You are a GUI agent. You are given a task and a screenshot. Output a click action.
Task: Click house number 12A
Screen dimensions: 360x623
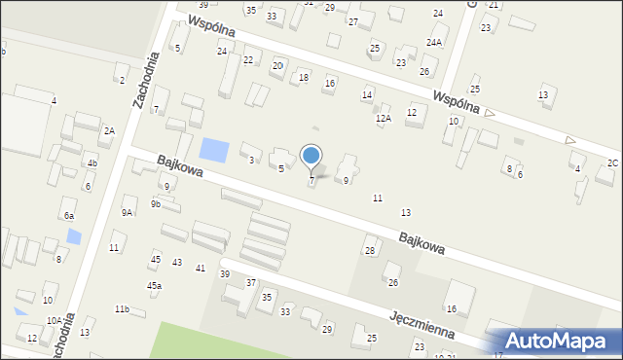pos(384,118)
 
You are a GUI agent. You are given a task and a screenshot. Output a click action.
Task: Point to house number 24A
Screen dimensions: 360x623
pos(434,42)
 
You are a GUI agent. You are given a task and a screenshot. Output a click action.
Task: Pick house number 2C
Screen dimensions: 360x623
pos(612,162)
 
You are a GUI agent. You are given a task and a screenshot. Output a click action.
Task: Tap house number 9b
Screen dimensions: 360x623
pos(156,204)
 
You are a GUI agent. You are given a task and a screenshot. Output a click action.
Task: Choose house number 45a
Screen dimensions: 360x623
pos(154,285)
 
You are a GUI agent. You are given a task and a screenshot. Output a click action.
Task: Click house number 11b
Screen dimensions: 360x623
pos(122,308)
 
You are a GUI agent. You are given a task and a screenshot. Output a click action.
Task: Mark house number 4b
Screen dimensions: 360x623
pos(92,162)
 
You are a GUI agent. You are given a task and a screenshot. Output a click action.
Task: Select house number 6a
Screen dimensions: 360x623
pos(68,215)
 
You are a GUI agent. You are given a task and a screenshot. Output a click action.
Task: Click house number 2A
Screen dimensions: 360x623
pos(110,130)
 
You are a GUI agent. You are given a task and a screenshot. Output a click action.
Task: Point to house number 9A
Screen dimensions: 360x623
pos(128,212)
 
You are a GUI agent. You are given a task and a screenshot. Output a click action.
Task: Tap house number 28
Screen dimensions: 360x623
pos(370,251)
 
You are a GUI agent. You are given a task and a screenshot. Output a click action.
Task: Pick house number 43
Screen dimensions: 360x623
pos(177,263)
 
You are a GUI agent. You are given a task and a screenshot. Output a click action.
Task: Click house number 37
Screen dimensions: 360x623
pos(251,282)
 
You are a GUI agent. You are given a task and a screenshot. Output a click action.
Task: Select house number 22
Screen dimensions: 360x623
pos(248,60)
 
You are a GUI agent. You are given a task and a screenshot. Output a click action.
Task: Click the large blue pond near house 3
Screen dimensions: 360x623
pos(214,151)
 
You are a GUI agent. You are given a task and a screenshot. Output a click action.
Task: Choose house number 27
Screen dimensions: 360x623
pos(353,21)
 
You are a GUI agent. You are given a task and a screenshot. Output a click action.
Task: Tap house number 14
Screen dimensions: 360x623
pos(367,94)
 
